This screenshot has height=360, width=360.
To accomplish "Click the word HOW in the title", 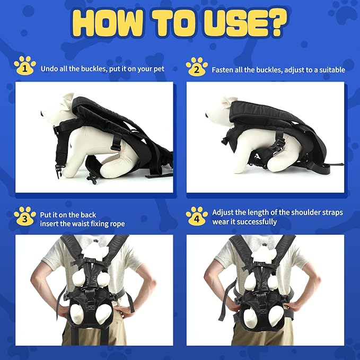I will click(112, 23).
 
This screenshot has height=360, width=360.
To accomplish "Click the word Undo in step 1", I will click(49, 69).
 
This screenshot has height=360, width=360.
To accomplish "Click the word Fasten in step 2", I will click(223, 69).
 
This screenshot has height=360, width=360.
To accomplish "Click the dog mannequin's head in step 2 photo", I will click(225, 109).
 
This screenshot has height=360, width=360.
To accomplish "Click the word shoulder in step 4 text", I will click(304, 213).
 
